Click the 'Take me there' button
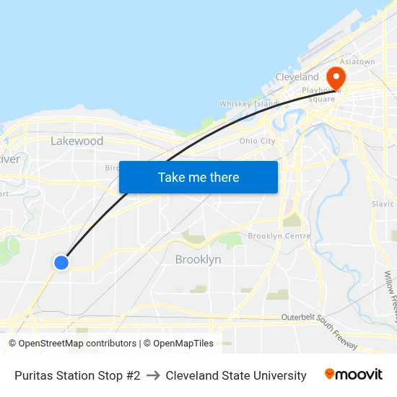point(198,177)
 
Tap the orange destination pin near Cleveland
point(336,77)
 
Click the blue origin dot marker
point(61,263)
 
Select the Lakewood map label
point(77,141)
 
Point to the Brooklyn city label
point(198,259)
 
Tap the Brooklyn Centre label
point(279,236)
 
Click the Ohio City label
point(257,141)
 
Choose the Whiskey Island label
point(248,104)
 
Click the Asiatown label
point(357,62)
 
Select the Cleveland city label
point(297,77)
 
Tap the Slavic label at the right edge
point(383,204)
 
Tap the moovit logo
point(354,375)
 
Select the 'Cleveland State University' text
point(236,375)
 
